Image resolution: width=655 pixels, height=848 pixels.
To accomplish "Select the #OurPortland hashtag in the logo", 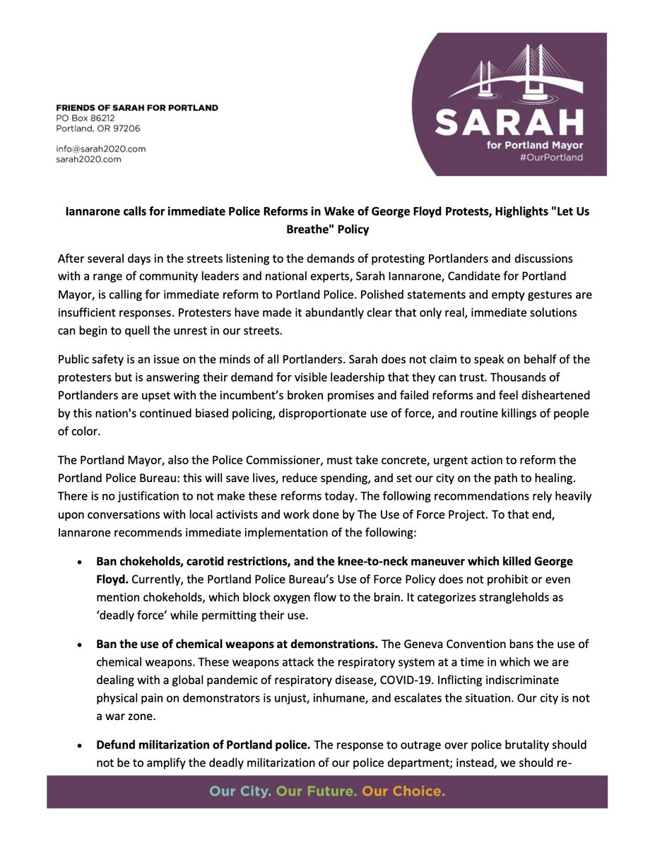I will point(551,158).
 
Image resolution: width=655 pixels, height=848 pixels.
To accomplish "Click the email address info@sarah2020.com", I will point(100,149).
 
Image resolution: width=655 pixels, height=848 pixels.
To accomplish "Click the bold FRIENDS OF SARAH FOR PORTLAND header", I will point(137,107).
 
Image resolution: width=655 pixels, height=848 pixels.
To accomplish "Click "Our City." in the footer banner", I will point(240,791).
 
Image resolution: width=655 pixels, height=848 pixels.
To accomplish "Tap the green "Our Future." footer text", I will point(316,791).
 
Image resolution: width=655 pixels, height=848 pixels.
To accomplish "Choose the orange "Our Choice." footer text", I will point(403,791).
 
